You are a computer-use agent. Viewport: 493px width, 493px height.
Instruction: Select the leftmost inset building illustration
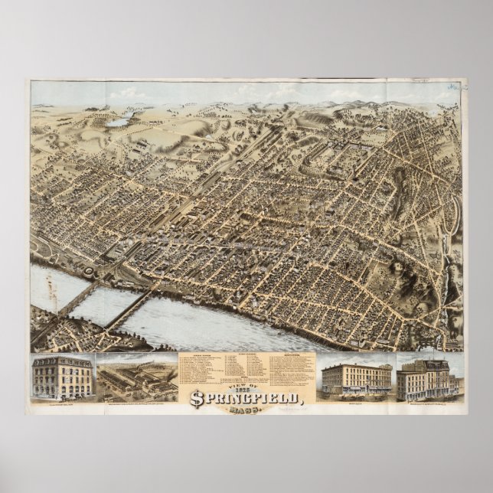coord(63,378)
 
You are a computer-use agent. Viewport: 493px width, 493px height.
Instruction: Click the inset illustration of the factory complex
coord(135,377)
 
